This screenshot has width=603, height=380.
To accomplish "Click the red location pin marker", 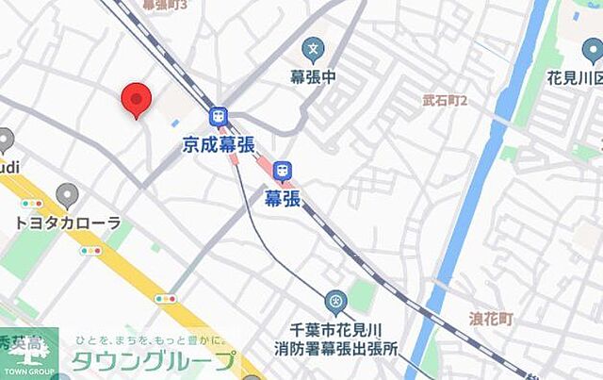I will click(x=137, y=99).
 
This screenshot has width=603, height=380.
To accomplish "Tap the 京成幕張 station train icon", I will click(x=220, y=116).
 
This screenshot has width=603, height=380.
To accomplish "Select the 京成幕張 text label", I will click(x=219, y=142).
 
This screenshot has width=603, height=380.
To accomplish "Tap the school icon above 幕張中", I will click(x=313, y=48).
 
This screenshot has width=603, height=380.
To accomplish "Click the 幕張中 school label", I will click(x=313, y=74).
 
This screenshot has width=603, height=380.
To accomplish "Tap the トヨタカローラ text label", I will click(x=68, y=223).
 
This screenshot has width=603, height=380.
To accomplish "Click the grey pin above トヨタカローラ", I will click(x=67, y=196).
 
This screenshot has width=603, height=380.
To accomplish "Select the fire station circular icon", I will click(x=335, y=303).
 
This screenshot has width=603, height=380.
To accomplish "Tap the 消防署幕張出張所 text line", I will click(x=345, y=348).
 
